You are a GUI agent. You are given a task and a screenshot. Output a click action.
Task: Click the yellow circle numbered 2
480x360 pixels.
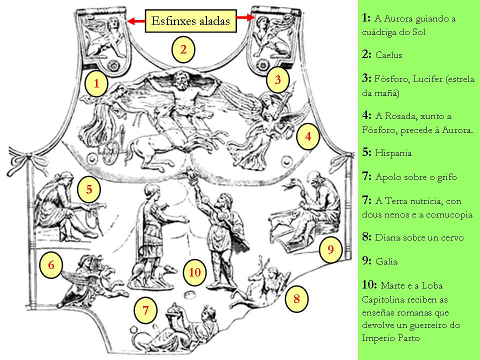183,49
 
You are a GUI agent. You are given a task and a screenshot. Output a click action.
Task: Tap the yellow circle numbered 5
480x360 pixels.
89,189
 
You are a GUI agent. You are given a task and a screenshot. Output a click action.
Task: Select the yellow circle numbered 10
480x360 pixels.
195,272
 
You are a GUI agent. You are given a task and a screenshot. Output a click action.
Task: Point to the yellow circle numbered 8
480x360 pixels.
296,299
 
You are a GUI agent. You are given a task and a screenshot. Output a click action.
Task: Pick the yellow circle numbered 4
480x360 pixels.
308,136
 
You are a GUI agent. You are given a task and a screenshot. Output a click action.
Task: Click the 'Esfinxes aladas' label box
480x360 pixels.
190,21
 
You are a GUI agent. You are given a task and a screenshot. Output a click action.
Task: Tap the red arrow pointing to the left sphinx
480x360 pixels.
136,21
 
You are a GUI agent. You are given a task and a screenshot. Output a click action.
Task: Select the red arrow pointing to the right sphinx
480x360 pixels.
245,18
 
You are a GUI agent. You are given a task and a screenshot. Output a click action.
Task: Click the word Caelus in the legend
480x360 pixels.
388,55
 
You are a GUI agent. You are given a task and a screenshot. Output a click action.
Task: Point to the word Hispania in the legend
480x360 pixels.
393,153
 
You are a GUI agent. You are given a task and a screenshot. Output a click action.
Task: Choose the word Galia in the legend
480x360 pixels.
386,261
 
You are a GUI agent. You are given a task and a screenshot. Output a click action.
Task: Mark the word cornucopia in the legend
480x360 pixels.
449,215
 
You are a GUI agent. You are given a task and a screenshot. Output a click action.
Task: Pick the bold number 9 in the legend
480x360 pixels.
366,261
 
